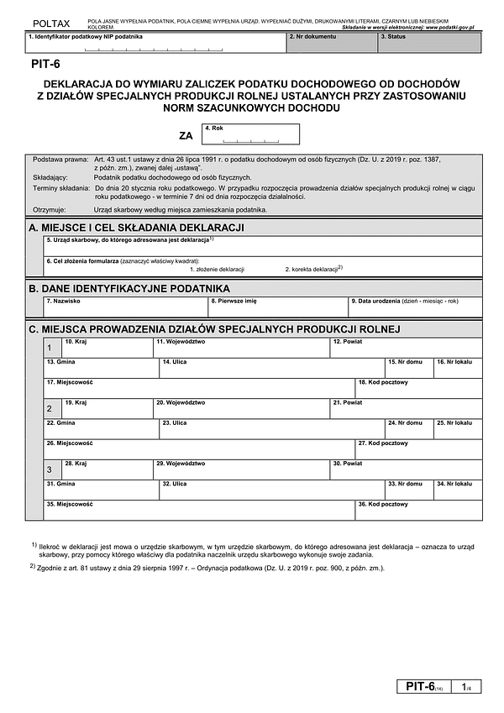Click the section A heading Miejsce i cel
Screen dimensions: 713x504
click(x=136, y=228)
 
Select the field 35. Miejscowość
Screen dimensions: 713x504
click(x=199, y=510)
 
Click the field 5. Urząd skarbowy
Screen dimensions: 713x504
click(x=263, y=244)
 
